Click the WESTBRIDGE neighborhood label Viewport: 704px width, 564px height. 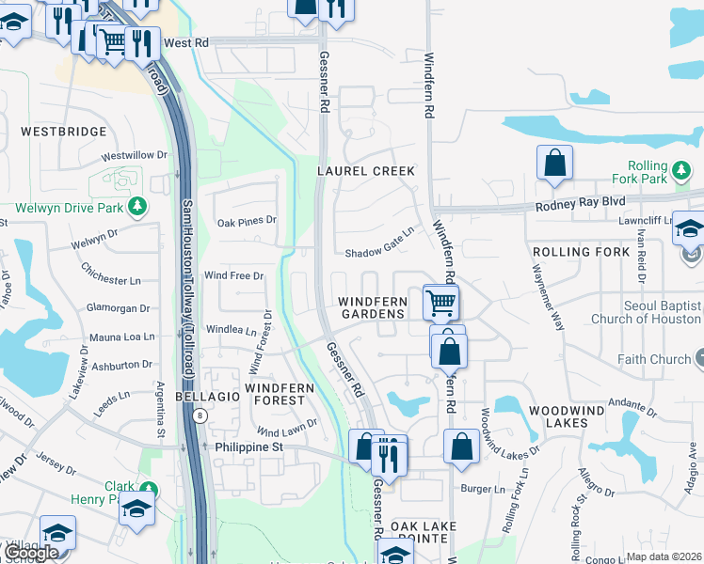62,132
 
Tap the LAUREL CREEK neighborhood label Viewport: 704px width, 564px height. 366,171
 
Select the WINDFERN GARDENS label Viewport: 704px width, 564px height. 373,307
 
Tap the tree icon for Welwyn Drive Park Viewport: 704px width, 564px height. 137,205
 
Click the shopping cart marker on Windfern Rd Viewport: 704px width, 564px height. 440,303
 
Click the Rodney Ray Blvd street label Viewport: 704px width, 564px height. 581,202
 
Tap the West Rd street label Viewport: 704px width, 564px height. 185,43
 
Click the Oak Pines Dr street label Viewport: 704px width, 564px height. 246,222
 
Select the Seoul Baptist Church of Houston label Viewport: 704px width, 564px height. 646,313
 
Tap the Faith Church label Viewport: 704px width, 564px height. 654,359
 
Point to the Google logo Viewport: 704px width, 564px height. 30,553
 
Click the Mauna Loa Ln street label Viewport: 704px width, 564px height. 121,337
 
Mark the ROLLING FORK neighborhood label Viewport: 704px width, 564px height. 580,252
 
